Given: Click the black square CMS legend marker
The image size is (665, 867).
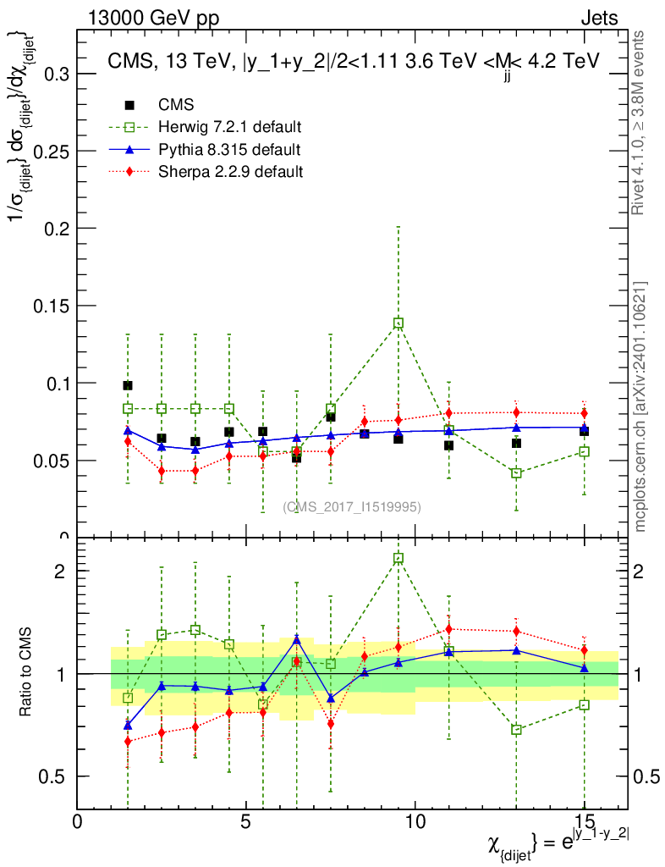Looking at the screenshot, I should [x=129, y=105].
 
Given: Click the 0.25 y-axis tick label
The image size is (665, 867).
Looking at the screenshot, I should [x=52, y=152].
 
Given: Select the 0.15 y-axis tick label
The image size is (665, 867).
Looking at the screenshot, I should [x=52, y=306].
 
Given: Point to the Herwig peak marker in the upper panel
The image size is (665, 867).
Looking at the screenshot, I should [x=398, y=323].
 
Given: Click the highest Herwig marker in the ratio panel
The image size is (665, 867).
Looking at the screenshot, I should [x=398, y=559].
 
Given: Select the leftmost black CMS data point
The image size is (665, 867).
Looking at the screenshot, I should [x=128, y=385].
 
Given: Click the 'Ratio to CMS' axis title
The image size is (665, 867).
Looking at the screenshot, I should [x=26, y=674].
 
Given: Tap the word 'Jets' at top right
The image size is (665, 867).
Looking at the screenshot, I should [x=598, y=18].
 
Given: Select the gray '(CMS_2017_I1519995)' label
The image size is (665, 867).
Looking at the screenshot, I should [x=352, y=507].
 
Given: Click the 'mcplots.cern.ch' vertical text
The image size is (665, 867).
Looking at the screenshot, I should [x=640, y=406].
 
